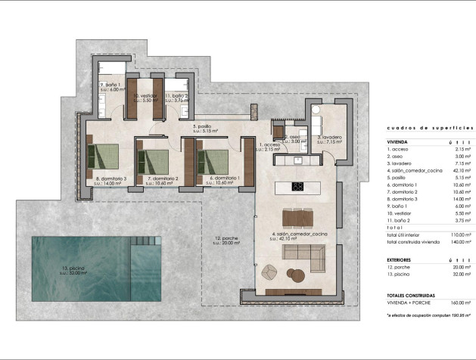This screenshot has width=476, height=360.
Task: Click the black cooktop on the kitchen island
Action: click(297, 187)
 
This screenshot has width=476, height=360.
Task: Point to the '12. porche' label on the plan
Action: click(227, 238)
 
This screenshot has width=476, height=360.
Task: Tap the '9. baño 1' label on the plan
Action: click(110, 85)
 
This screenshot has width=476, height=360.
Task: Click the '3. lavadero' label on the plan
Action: click(329, 138)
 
